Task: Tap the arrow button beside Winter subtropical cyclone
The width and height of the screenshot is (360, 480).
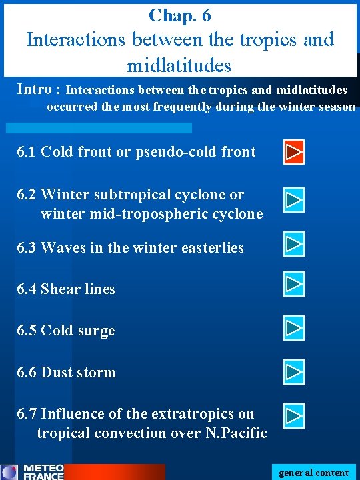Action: [x=294, y=199]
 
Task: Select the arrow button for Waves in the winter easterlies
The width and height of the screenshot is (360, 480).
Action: [x=294, y=244]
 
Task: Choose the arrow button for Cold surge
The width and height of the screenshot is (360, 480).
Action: [x=294, y=328]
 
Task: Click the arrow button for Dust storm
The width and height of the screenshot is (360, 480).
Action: [x=294, y=370]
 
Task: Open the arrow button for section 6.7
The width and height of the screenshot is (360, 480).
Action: [x=294, y=416]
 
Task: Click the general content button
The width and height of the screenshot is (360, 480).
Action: [x=313, y=473]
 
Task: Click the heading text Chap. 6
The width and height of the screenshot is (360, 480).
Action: [x=180, y=15]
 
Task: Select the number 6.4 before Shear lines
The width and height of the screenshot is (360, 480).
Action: [x=27, y=289]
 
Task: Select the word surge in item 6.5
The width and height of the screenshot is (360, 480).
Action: [x=97, y=331]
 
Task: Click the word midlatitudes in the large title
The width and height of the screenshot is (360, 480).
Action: [x=179, y=65]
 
